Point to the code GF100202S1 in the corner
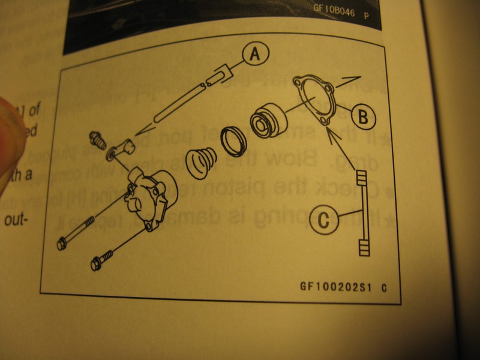coord(336,286)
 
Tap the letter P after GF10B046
coord(367,15)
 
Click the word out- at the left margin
coord(17,220)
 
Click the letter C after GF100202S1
coord(383,287)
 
